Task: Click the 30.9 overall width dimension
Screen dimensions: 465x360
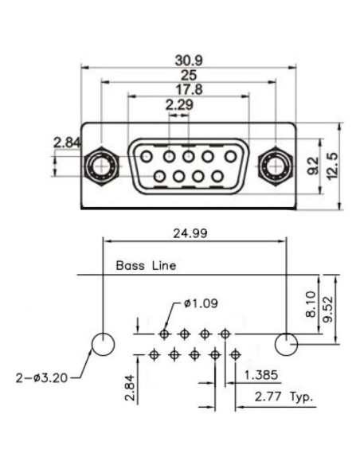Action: [188, 60]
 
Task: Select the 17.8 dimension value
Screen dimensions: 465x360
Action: [188, 89]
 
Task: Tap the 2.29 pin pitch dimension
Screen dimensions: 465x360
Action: [178, 104]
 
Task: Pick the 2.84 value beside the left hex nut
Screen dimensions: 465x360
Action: [67, 143]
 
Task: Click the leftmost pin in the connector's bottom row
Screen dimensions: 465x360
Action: [161, 176]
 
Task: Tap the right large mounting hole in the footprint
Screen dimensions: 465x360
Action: [286, 344]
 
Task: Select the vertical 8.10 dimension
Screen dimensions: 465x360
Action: [311, 304]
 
